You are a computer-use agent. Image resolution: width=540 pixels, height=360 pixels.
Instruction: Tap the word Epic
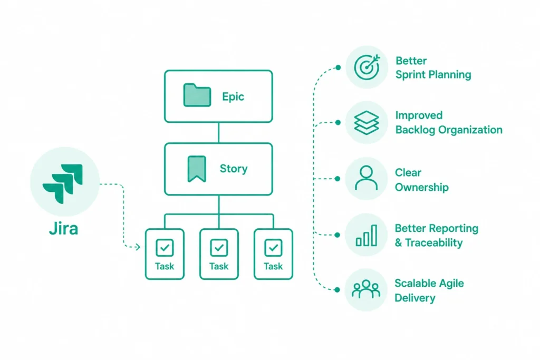[x=233, y=96]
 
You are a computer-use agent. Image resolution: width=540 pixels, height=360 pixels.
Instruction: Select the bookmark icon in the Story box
[x=197, y=169]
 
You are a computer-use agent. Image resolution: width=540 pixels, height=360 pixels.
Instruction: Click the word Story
[x=234, y=169]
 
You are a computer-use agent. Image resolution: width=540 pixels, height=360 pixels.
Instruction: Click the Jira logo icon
[x=63, y=183]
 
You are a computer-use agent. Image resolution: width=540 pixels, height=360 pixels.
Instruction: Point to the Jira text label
[x=64, y=229]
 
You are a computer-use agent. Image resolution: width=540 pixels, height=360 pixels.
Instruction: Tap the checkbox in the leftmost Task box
[x=165, y=247]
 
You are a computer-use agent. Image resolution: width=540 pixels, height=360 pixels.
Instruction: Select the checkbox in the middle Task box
[x=219, y=247]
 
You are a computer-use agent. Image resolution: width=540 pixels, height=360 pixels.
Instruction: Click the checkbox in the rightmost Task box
[x=274, y=247]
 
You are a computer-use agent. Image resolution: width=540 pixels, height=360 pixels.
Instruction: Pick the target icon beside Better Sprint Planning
[x=367, y=67]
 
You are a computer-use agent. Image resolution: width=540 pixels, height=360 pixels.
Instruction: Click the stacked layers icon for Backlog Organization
[x=367, y=122]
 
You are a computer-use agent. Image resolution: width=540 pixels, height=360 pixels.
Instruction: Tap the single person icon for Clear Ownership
[x=366, y=178]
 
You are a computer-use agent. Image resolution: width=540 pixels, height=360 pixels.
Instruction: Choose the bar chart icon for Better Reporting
[x=367, y=236]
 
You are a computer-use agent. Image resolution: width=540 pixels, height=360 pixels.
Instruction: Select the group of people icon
[x=366, y=289]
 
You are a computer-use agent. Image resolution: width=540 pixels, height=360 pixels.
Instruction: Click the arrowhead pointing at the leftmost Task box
[x=138, y=247]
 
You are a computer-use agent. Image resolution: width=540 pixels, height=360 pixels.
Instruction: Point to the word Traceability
[x=434, y=242]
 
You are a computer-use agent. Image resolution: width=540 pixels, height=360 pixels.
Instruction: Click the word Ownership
[x=421, y=187]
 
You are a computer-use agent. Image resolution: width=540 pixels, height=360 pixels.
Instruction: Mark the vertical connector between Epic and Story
[x=219, y=132]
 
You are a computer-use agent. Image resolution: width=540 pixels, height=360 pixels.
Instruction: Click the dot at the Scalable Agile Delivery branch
[x=337, y=290]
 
